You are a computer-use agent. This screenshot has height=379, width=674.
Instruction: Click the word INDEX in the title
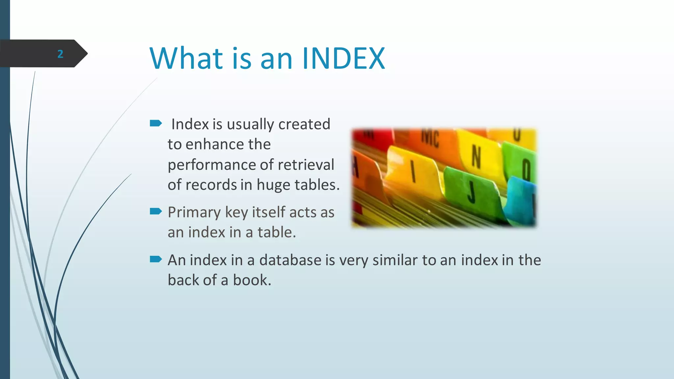tap(343, 59)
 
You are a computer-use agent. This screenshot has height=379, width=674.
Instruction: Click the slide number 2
tap(60, 54)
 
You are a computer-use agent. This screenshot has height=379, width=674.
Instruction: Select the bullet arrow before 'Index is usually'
tap(156, 123)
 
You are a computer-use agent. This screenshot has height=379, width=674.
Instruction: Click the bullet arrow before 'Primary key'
tap(156, 211)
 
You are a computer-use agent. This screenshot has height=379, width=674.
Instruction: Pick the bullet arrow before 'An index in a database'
tap(156, 259)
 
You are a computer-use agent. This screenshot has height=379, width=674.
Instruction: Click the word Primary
tap(194, 213)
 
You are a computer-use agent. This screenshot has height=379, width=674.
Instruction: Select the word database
tap(290, 260)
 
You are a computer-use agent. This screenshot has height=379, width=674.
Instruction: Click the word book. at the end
tap(252, 280)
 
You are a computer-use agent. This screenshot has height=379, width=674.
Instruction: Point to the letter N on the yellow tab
tap(476, 157)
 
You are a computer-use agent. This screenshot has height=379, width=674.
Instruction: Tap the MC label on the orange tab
tap(430, 138)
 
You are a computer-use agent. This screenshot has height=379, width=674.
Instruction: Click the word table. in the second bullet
tap(276, 232)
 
